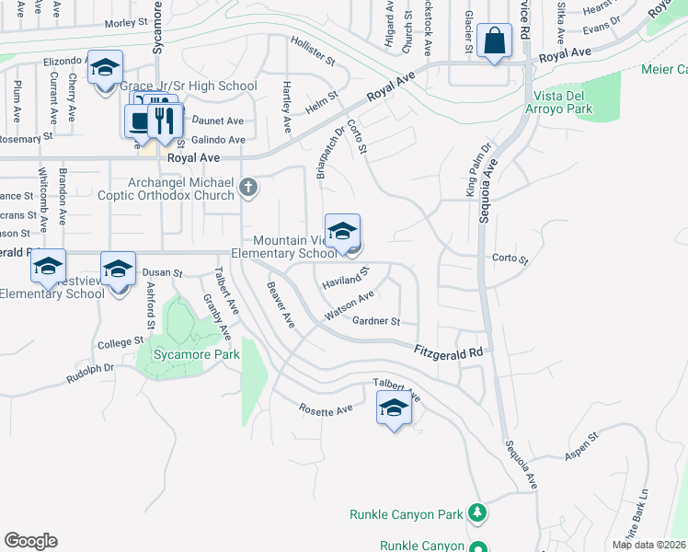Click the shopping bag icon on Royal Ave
coord(494,41)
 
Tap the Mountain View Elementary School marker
coord(342,232)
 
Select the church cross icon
coord(247,189)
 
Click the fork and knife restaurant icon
coord(165,120)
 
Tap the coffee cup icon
coord(141,121)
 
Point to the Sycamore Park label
coord(197,354)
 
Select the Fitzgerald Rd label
coord(448,351)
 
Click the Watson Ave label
coord(349,305)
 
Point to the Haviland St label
coord(345,278)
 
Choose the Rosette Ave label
coord(326,409)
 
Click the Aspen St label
coord(580,443)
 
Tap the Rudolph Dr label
coord(89,373)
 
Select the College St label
coord(120,342)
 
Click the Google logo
coord(30,540)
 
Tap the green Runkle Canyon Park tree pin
coord(476,512)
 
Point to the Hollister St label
coord(313,51)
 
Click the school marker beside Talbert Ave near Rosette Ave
coord(394,408)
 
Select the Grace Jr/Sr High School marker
coord(105,67)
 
